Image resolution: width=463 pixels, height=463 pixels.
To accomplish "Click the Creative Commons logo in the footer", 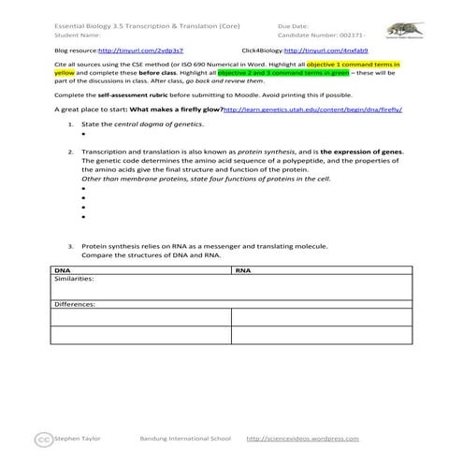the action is pyautogui.click(x=41, y=438).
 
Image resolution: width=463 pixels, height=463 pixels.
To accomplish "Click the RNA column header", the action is pyautogui.click(x=243, y=269).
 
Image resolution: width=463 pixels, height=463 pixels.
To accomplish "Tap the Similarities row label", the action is pyautogui.click(x=75, y=278).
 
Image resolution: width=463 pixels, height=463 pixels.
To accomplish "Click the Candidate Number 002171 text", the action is pyautogui.click(x=312, y=35).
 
